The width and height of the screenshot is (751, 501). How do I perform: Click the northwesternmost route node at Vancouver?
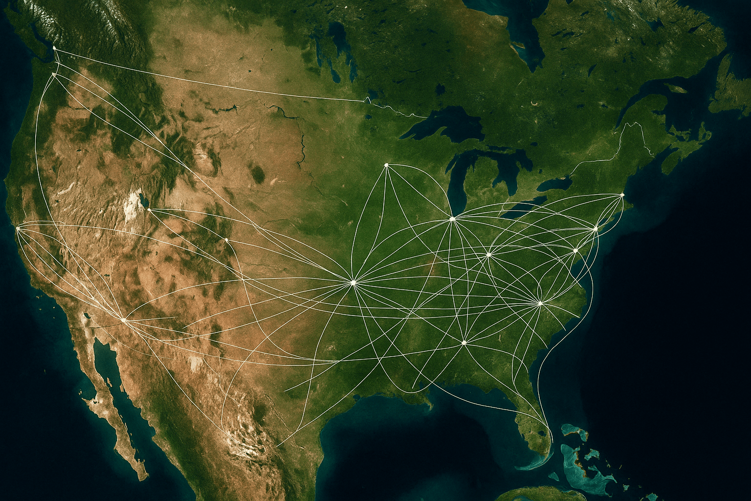click(x=54, y=48)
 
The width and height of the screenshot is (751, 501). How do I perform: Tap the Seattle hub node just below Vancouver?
click(x=53, y=74)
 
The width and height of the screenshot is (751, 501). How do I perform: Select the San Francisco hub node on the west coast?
click(x=18, y=228)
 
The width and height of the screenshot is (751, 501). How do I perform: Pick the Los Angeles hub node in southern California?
click(x=123, y=320)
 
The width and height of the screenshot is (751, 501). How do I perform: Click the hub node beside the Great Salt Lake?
click(x=149, y=210)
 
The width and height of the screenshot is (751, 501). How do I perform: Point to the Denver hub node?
click(x=227, y=240)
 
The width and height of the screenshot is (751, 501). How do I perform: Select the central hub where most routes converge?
click(x=353, y=282)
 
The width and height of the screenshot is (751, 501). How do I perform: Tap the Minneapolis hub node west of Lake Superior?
click(x=386, y=165)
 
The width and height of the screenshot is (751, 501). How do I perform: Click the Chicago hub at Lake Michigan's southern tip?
click(x=452, y=218)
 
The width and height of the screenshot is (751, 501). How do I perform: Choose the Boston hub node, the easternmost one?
click(x=622, y=195)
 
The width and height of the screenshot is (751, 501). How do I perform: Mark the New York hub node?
click(x=596, y=228)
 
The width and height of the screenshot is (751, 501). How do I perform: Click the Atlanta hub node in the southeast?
click(x=464, y=342)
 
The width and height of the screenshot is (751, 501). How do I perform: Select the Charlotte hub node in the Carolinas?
click(x=540, y=303)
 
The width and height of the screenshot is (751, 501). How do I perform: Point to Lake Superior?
click(x=440, y=125)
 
